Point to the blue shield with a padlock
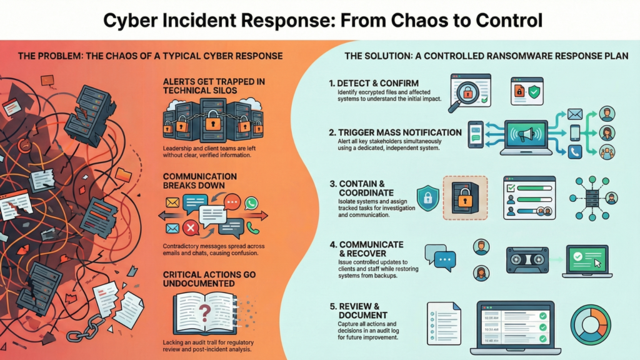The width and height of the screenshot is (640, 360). point(427,199)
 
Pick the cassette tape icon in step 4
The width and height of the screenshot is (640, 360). point(526,257)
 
